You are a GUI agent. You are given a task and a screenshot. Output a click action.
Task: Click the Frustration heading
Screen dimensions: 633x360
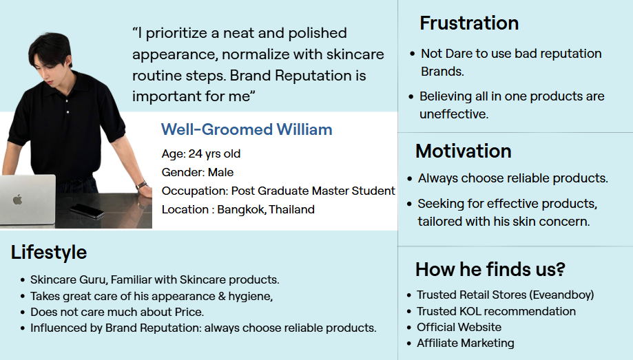(x=469, y=23)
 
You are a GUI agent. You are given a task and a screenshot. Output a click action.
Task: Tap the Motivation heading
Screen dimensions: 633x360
(x=464, y=151)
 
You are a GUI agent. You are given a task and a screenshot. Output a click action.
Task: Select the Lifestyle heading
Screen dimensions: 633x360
(x=49, y=253)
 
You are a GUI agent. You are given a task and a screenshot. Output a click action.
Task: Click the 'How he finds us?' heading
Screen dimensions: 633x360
(x=490, y=269)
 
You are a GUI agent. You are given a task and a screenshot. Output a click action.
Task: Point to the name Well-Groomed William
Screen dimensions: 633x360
(x=247, y=129)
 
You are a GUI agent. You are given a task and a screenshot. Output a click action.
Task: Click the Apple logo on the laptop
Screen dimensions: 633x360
(x=17, y=200)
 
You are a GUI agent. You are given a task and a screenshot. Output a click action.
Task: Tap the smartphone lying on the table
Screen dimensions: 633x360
(x=87, y=211)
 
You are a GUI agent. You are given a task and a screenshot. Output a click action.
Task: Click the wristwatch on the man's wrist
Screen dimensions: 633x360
(x=141, y=185)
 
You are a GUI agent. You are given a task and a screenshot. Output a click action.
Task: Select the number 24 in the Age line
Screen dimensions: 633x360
(x=196, y=153)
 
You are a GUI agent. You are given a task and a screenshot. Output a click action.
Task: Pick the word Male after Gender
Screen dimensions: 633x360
(x=220, y=172)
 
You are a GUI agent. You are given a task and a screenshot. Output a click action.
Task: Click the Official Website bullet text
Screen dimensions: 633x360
(x=459, y=327)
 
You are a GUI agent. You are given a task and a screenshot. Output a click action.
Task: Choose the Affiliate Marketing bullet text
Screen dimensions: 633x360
(x=466, y=343)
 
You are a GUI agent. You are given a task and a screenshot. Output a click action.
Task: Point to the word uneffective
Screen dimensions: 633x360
(x=454, y=114)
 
